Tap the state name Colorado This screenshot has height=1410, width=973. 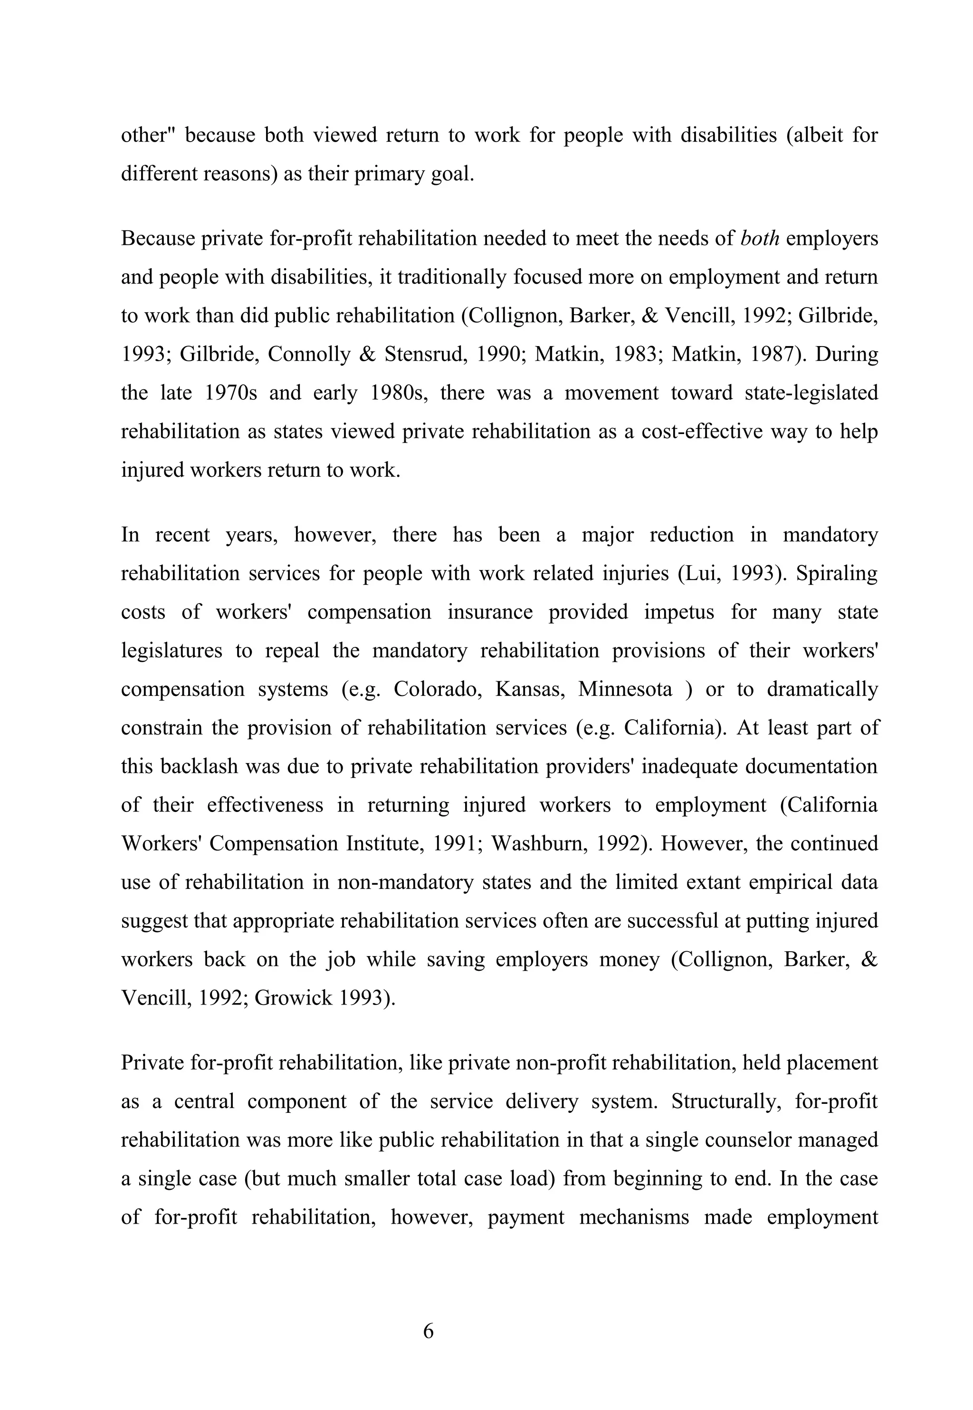(x=437, y=689)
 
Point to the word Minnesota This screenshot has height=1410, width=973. (x=625, y=689)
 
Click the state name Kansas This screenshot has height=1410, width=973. (x=529, y=689)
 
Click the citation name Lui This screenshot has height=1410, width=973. (x=698, y=574)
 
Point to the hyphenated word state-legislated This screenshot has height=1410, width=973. (x=811, y=393)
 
